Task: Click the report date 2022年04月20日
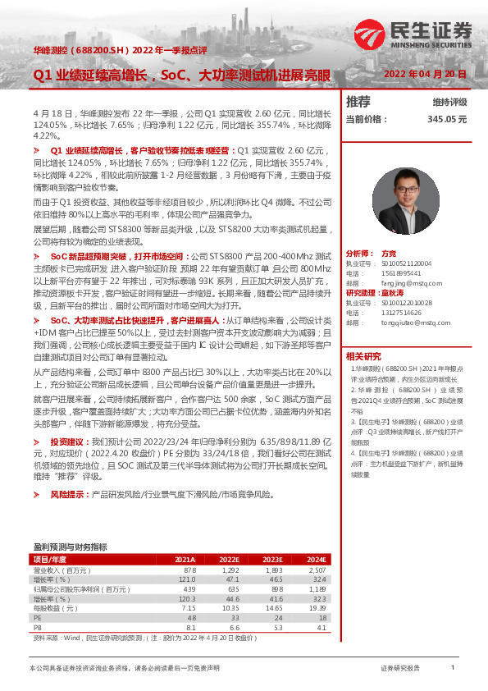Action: pyautogui.click(x=425, y=74)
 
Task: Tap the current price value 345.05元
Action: pyautogui.click(x=447, y=119)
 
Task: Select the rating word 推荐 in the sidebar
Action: pyautogui.click(x=358, y=102)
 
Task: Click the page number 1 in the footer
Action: pyautogui.click(x=452, y=668)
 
